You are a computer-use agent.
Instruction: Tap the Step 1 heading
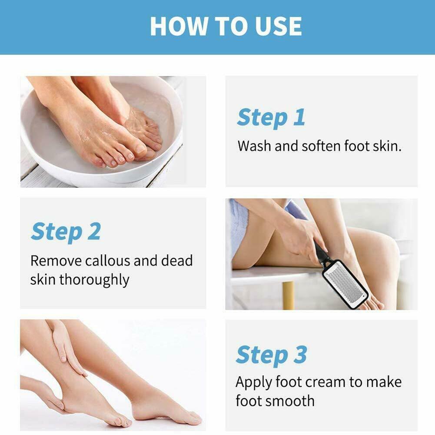tap(271, 118)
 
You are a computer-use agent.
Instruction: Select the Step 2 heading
tap(66, 232)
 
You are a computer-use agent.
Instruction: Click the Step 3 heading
tap(271, 355)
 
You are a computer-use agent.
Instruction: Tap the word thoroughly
tap(94, 280)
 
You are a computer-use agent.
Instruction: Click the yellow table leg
tap(288, 296)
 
